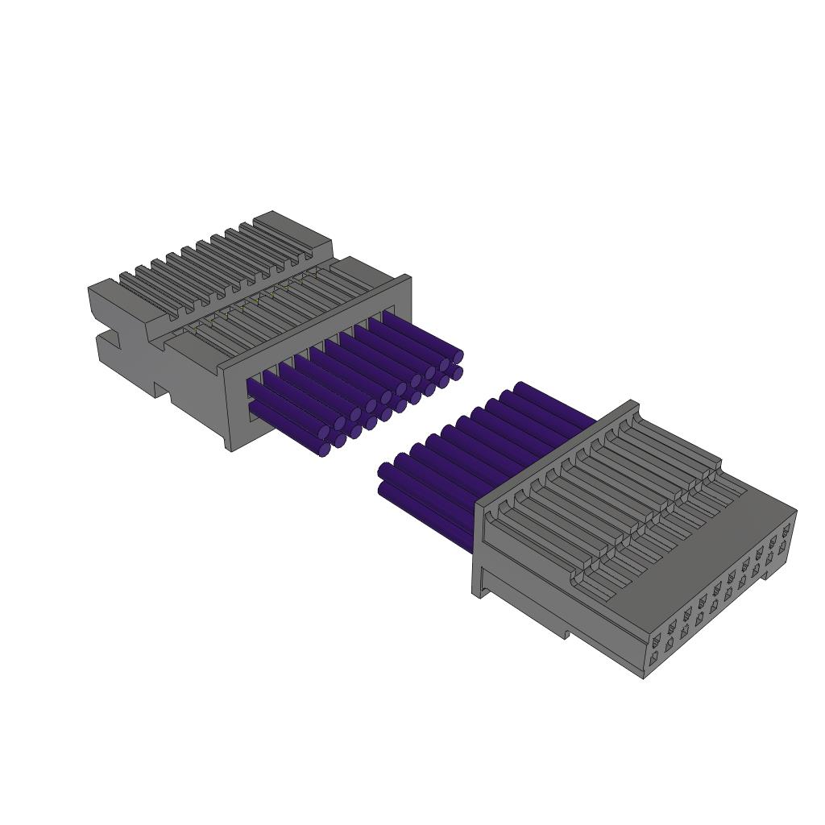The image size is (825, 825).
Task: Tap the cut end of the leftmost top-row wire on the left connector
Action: point(339,423)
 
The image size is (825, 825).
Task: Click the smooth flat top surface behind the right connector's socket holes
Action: point(701,556)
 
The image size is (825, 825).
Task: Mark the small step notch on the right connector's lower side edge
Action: point(566,634)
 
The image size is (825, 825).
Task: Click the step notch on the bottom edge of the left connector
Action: point(162,392)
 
